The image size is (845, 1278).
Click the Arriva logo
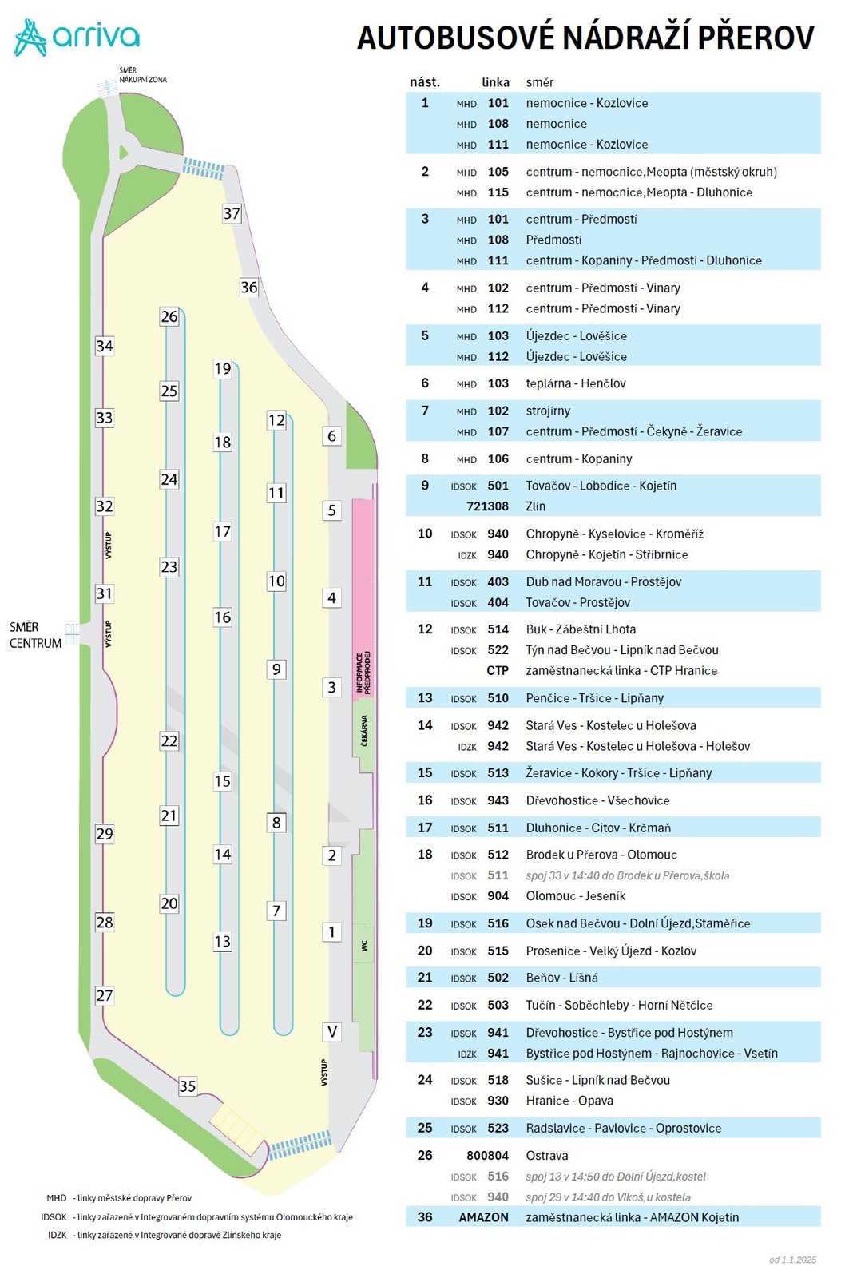(x=77, y=37)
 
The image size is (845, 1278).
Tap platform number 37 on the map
(x=232, y=213)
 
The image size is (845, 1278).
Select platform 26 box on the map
(x=169, y=316)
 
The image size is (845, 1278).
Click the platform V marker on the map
(x=331, y=1032)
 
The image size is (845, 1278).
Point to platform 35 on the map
(x=187, y=1086)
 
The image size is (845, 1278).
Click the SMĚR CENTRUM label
(x=36, y=635)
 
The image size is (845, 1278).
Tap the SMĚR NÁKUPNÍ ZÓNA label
(x=142, y=75)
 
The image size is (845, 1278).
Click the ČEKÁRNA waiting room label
(x=364, y=731)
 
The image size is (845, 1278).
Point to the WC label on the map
(x=364, y=946)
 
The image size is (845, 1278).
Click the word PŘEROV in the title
(x=756, y=38)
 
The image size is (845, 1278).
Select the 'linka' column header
(x=495, y=82)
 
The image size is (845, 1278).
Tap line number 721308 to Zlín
(x=487, y=506)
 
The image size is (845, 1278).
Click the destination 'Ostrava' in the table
(x=547, y=1156)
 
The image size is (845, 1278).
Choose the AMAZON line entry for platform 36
(x=483, y=1217)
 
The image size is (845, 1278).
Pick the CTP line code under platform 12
(x=497, y=671)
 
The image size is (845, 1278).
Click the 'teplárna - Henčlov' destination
(x=575, y=383)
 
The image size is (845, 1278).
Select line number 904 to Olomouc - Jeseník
(x=498, y=896)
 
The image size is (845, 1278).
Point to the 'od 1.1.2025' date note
(x=792, y=1260)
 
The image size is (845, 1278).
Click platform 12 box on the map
(x=276, y=420)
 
